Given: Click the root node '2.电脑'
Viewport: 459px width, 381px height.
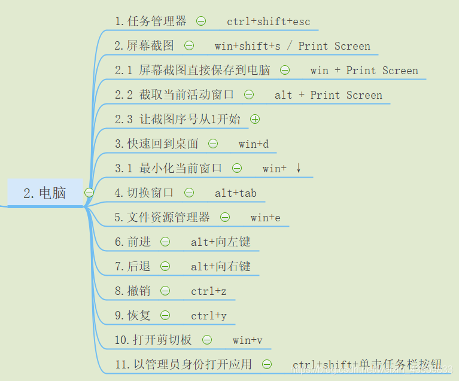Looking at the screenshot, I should (x=45, y=193).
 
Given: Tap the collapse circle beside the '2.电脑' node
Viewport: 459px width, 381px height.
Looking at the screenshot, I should (x=89, y=193).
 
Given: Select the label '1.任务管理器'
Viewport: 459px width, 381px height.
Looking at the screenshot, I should (x=151, y=22).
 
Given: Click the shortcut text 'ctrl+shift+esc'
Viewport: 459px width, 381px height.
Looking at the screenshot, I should (x=269, y=22).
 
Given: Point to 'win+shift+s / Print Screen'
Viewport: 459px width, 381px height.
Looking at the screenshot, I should (x=293, y=46).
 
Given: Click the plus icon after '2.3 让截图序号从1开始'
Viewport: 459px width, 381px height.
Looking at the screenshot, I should (x=255, y=119).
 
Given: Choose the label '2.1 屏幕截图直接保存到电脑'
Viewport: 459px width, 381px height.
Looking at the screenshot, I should (x=193, y=71).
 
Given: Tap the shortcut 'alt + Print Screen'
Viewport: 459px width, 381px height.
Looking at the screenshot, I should (x=329, y=95).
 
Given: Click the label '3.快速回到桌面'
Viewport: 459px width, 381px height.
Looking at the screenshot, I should (x=157, y=144).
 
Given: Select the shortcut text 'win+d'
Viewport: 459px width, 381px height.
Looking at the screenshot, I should (x=254, y=144).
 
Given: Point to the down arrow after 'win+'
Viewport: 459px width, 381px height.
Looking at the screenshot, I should (x=298, y=168).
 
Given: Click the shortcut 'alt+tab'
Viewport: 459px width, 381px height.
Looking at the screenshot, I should (x=236, y=193).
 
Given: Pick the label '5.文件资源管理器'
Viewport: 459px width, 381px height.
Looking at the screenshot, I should (x=163, y=218).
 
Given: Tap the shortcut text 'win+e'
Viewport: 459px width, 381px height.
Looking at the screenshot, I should (x=266, y=218).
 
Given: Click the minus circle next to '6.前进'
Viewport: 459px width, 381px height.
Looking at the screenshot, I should (x=165, y=242).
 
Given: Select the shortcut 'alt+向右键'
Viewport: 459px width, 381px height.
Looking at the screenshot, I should (x=221, y=267).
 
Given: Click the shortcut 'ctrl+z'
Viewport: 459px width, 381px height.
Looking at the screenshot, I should (x=209, y=291).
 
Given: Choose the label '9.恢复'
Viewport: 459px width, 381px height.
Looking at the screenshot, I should (x=133, y=316).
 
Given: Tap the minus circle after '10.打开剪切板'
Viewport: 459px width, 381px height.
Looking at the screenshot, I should (x=207, y=340).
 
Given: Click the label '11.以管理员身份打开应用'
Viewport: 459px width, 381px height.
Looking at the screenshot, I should (x=184, y=364).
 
